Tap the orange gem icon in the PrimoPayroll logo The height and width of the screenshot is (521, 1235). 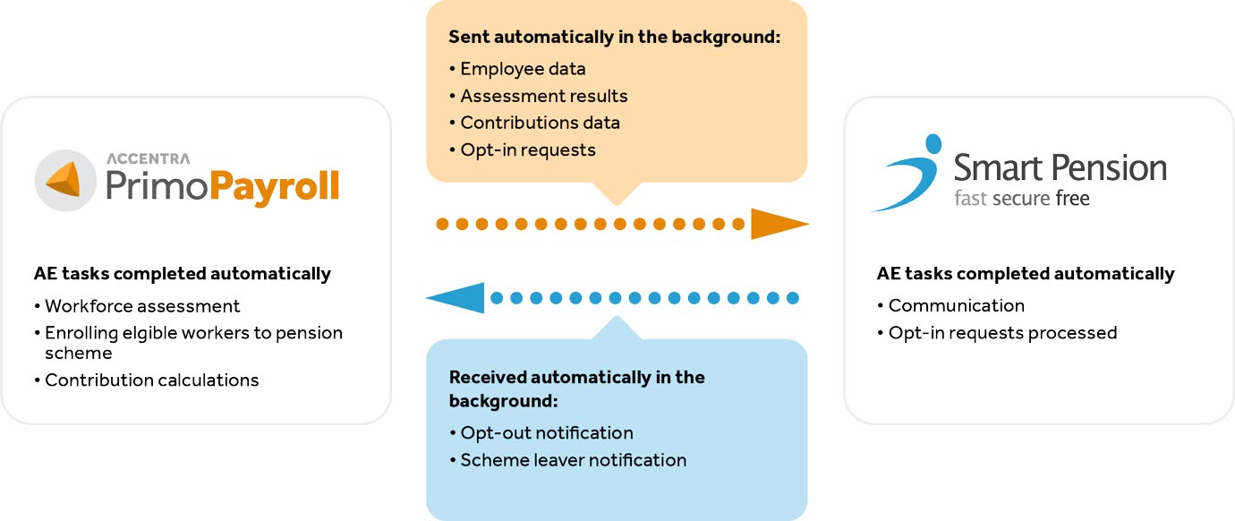tap(64, 180)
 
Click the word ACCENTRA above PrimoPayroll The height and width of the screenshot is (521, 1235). tap(149, 158)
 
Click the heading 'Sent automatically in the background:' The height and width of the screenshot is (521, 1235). tap(614, 37)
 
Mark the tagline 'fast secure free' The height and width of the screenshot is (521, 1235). tap(1022, 198)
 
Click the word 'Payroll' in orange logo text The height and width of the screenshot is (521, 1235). tap(274, 187)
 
